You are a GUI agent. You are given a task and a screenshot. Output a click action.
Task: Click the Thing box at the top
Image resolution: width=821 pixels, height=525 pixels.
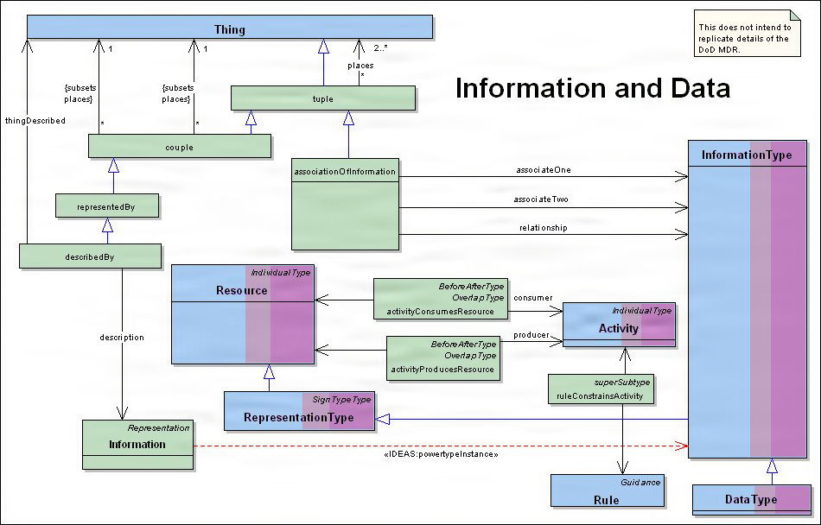pos(229,29)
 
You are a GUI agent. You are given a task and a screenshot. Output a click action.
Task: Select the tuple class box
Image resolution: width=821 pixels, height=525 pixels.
pos(322,98)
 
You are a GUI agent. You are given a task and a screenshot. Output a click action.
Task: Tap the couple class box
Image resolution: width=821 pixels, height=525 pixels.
pos(180,147)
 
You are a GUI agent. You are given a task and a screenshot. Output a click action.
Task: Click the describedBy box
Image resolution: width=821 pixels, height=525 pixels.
pos(91,256)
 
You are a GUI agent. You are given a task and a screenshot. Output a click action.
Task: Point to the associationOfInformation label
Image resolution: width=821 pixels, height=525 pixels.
pos(346,171)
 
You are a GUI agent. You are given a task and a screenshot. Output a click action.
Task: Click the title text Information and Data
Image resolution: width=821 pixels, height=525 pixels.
pos(592,88)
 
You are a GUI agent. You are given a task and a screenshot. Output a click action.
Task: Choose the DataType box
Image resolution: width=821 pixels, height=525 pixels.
pos(751,499)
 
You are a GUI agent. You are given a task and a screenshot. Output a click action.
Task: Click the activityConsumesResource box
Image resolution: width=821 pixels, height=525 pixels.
pos(439,299)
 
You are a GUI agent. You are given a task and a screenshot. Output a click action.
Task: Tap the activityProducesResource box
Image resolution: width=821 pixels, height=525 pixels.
pos(442,357)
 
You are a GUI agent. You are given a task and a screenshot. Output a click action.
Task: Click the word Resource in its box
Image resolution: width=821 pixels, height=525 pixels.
pos(241,291)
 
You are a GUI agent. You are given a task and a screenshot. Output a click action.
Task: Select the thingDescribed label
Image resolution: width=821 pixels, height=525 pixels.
pos(35,121)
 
